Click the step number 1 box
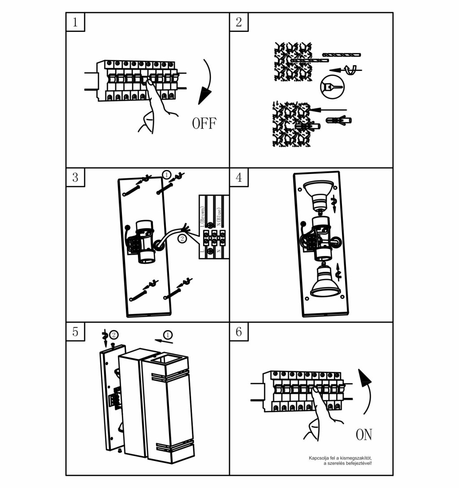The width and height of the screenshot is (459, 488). (75, 22)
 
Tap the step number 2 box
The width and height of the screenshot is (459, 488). (239, 22)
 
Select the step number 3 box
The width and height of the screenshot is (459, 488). (75, 177)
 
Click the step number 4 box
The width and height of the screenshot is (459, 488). (239, 177)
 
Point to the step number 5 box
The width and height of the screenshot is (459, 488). (75, 332)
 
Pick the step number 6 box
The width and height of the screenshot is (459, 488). (239, 332)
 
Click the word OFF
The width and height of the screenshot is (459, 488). (204, 123)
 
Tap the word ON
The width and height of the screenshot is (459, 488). (364, 434)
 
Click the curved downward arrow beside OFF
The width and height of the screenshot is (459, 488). (206, 81)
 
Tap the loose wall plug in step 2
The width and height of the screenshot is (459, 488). (339, 120)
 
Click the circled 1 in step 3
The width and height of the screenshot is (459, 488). (166, 174)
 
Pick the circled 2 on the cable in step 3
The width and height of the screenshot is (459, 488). (182, 239)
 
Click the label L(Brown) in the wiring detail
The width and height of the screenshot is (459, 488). (203, 217)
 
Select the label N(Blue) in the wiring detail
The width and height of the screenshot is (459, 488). (219, 218)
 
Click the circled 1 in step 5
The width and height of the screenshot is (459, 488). (168, 335)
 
